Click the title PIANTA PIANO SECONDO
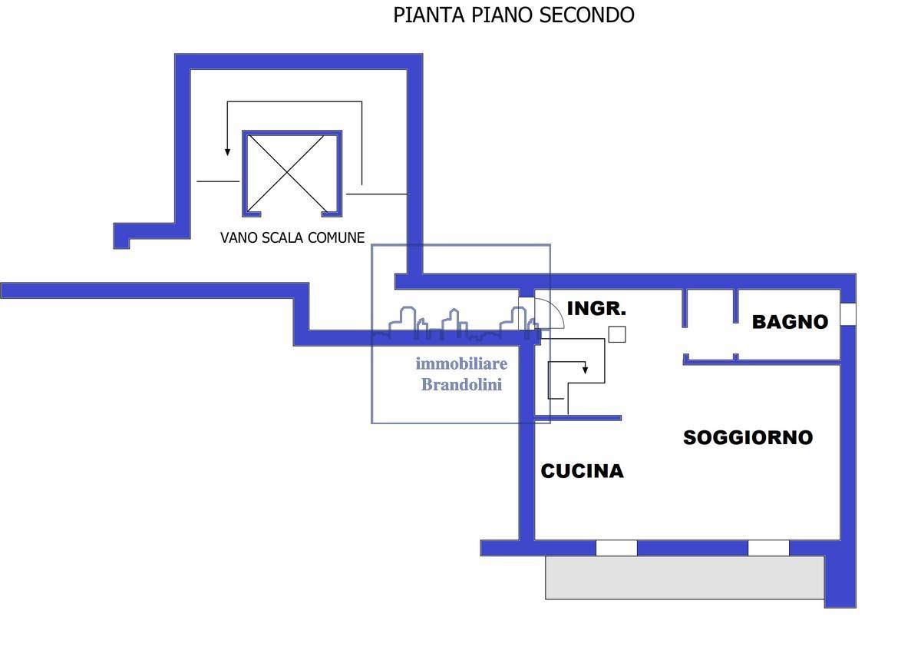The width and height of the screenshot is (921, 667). point(513,15)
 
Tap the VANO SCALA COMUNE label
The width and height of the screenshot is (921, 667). point(292,237)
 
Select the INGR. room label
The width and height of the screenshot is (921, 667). point(596,308)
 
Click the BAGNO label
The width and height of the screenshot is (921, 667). point(790,322)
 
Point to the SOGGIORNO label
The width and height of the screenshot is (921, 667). point(748,437)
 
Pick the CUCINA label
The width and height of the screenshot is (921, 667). point(582,471)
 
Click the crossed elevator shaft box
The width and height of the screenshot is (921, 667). point(292,174)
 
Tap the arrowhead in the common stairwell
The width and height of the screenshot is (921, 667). point(227,152)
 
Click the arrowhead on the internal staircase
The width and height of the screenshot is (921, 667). point(585,370)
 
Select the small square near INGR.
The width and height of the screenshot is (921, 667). point(617,334)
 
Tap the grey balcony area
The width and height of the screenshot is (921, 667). point(685,577)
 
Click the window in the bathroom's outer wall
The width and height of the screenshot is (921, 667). point(848,314)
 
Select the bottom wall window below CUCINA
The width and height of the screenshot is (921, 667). point(616,548)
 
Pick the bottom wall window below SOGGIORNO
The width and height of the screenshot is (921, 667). point(768,548)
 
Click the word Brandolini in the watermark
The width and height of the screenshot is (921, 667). point(462,385)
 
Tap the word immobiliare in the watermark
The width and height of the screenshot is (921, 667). point(461,363)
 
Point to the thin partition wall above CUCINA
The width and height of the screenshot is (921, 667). point(578,418)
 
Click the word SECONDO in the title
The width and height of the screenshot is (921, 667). point(586,15)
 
